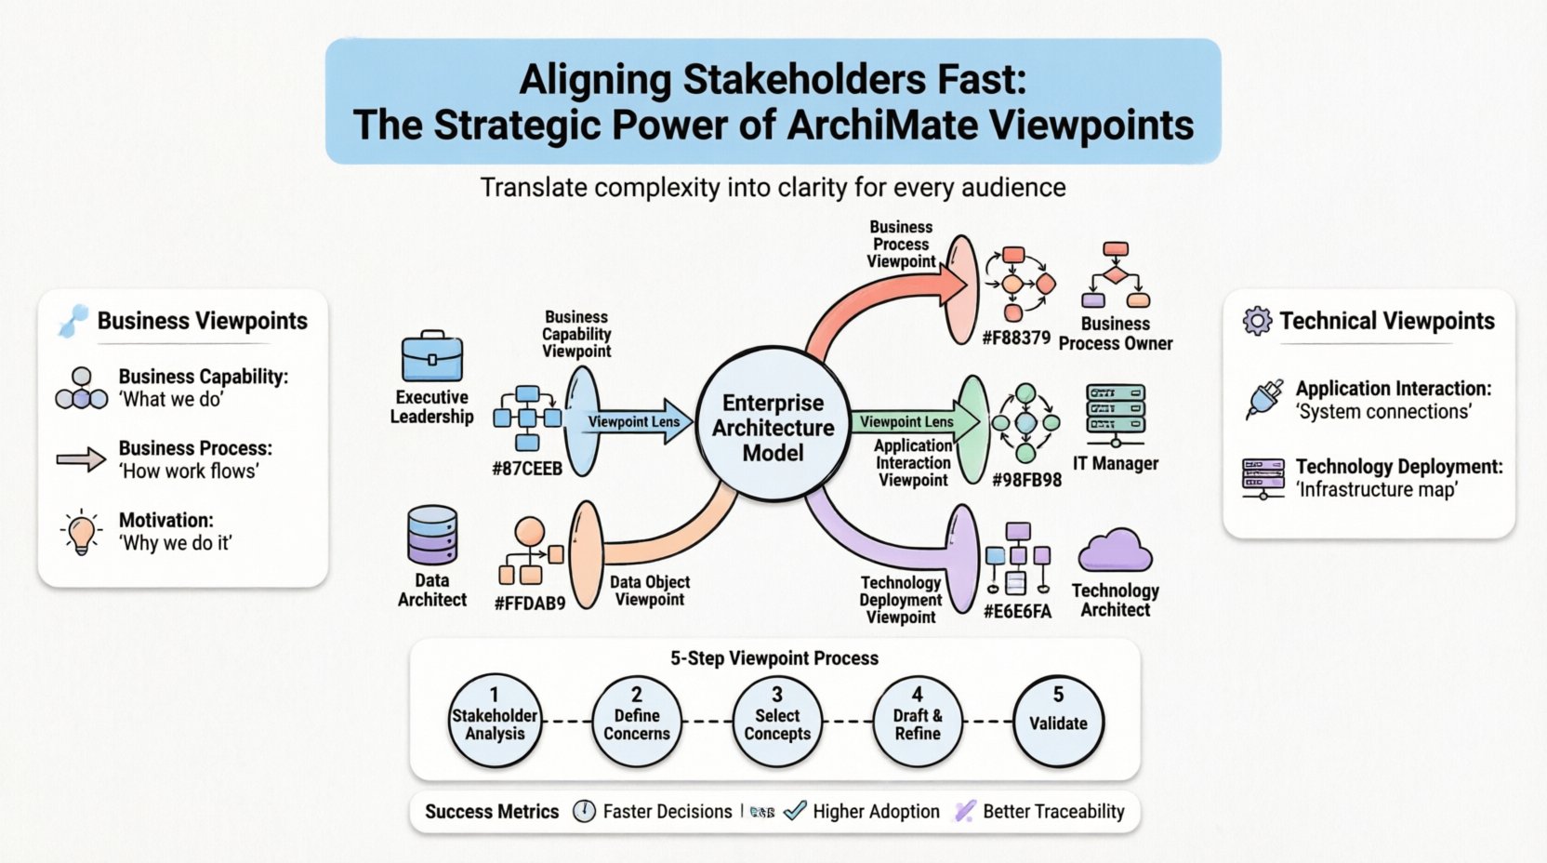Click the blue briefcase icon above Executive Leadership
click(x=431, y=357)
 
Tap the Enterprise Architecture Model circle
click(x=773, y=427)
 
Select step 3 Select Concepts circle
click(x=777, y=722)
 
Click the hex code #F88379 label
click(x=1015, y=338)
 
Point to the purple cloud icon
click(x=1115, y=551)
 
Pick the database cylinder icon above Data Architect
click(x=432, y=536)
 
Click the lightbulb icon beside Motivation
click(x=82, y=532)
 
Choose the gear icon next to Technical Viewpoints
click(x=1257, y=321)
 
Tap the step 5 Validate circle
click(x=1058, y=722)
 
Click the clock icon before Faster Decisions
click(x=584, y=811)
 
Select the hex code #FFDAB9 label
click(x=530, y=603)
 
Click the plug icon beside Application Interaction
click(x=1263, y=399)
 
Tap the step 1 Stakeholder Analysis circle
click(x=495, y=722)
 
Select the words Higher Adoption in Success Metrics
click(x=876, y=811)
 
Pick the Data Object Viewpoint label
click(x=649, y=591)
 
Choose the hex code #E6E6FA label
click(x=1017, y=611)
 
